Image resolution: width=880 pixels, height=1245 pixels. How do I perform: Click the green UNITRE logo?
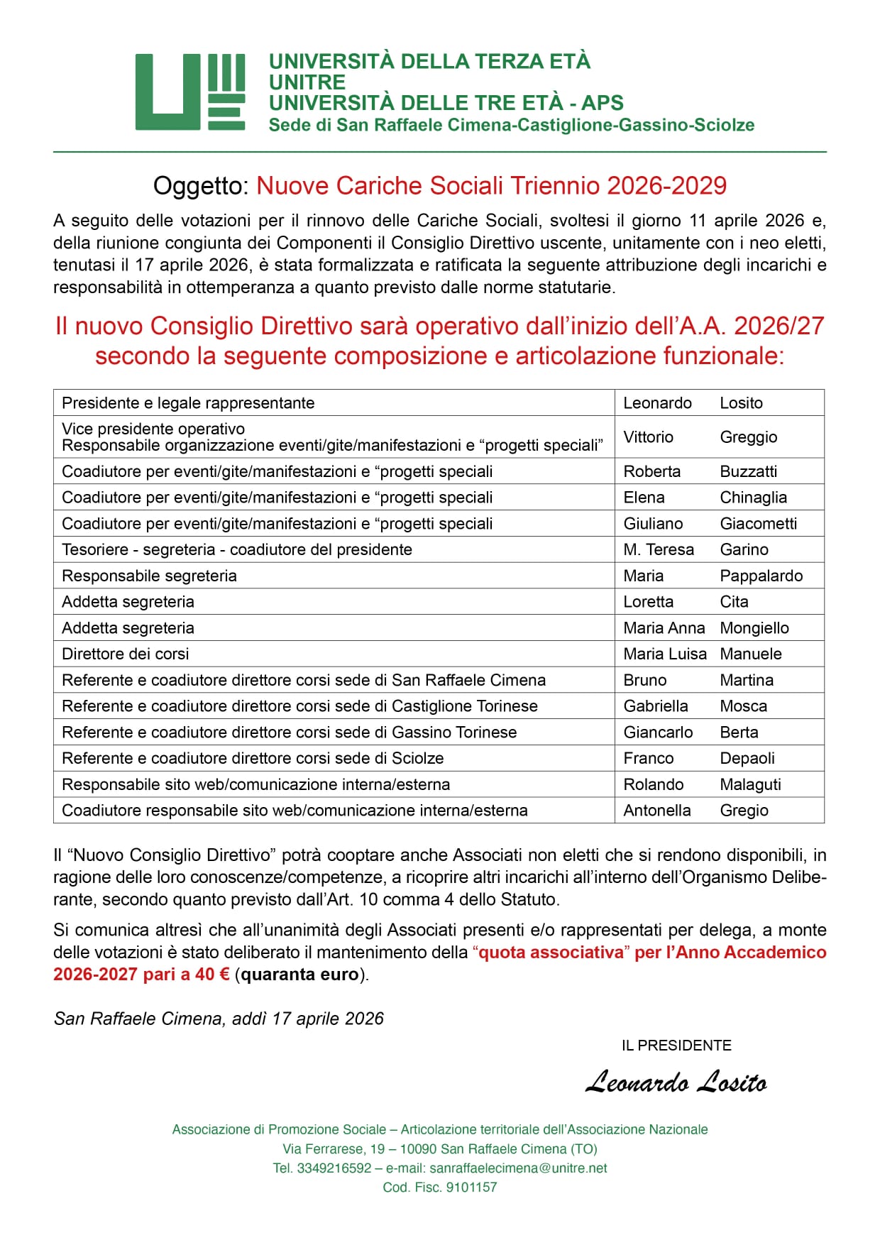point(190,92)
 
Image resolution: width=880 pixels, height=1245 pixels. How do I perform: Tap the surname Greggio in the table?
point(749,437)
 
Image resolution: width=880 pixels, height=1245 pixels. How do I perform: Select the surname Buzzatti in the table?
point(749,472)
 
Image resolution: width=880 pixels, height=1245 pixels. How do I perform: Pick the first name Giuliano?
point(653,524)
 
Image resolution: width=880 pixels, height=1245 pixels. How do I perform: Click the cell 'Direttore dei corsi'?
point(126,654)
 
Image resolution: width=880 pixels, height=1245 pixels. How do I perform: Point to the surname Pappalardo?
point(761,576)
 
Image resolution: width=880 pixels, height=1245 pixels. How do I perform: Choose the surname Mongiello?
point(754,628)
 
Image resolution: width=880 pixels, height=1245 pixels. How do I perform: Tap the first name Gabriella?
point(656,706)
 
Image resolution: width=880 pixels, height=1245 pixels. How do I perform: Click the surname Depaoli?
point(747,759)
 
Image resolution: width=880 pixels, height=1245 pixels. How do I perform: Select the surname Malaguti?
point(750,785)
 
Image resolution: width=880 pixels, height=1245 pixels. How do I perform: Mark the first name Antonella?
point(657,811)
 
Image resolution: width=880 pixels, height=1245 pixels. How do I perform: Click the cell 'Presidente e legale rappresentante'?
point(188,403)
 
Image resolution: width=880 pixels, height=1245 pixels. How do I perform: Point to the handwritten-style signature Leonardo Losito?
point(676,1082)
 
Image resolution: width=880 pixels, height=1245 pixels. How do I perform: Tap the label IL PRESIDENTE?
point(676,1046)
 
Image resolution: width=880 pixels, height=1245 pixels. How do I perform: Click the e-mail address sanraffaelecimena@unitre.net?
point(518,1168)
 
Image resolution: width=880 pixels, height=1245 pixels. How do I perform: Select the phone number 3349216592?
point(334,1168)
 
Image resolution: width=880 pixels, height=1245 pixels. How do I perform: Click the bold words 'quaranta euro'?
point(300,975)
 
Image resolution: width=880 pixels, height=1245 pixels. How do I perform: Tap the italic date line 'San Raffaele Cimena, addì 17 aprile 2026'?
point(219,1019)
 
